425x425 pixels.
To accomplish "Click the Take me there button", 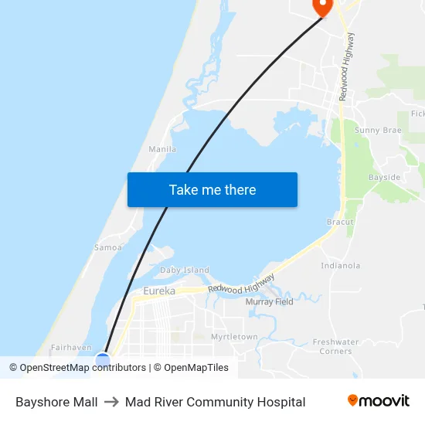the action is [x=212, y=189].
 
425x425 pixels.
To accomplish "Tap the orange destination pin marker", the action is [x=321, y=6].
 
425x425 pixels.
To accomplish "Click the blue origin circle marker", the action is [x=103, y=359].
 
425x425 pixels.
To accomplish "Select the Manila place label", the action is [x=162, y=149].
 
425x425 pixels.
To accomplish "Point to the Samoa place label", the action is [x=108, y=247].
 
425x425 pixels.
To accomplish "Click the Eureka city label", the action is [x=159, y=291].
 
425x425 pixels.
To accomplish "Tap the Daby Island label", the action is [x=185, y=270].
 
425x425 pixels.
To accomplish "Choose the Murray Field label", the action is [x=270, y=302].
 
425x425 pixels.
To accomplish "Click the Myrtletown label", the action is [x=234, y=337].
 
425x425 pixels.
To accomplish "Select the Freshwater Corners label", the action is [x=335, y=346].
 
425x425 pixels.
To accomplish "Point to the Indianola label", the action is [x=341, y=266].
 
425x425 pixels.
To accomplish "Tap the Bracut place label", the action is [x=340, y=222].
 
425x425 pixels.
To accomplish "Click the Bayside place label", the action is [x=384, y=178].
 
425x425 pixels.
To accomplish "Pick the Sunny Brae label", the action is [x=378, y=131].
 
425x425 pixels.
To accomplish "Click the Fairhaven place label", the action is [x=71, y=348].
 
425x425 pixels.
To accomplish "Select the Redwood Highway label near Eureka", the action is [x=241, y=284].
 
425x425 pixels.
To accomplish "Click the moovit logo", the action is [x=379, y=401].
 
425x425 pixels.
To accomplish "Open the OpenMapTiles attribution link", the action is [x=196, y=368].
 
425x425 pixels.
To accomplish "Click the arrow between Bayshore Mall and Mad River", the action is [x=111, y=402].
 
